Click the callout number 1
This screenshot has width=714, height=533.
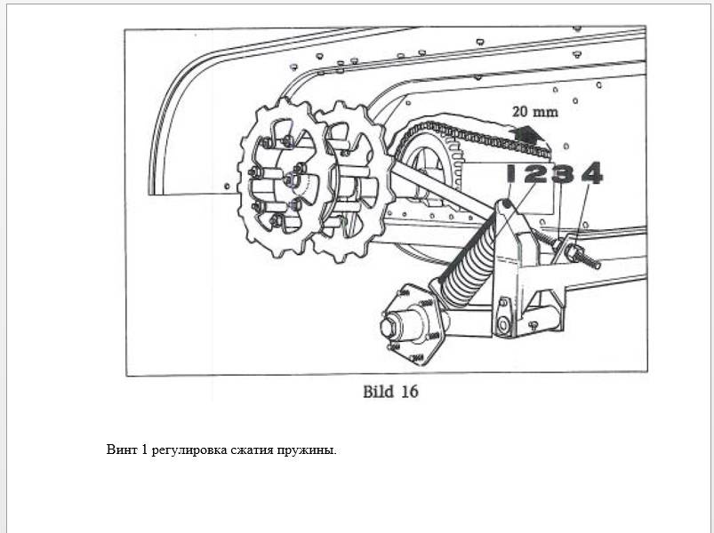(x=511, y=173)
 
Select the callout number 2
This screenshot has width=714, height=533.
(x=535, y=173)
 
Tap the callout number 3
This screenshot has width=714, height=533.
(x=563, y=173)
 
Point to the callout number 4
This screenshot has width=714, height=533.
(x=592, y=173)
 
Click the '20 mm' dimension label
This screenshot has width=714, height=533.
(x=535, y=112)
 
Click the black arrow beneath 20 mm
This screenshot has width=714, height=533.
(x=526, y=134)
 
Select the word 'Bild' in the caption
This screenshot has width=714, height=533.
(x=378, y=392)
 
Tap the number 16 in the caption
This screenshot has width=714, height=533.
(x=409, y=392)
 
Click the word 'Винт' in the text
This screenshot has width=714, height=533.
(x=122, y=449)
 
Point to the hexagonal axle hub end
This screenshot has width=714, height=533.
(x=389, y=326)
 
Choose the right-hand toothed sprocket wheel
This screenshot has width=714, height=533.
(x=354, y=182)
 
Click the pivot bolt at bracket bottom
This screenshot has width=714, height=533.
(x=502, y=325)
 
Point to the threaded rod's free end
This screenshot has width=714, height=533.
(x=598, y=265)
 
